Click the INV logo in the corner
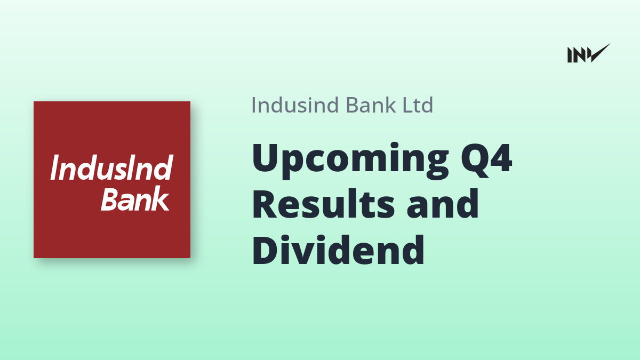pos(589,53)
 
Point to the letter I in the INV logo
pos(570,55)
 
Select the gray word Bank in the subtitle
pos(371,105)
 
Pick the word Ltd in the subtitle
pos(418,105)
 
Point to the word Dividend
pos(338,250)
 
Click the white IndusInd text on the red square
pos(111,167)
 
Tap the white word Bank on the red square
pos(135,198)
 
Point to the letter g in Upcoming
pos(435,165)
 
